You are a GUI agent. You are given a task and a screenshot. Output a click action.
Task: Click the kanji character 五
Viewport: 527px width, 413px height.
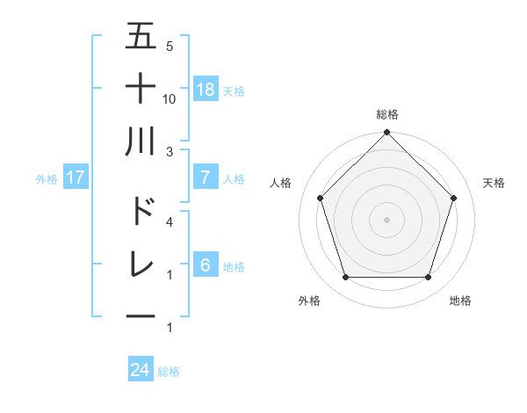(x=141, y=36)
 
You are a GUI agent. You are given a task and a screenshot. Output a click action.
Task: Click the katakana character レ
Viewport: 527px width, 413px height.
(x=141, y=263)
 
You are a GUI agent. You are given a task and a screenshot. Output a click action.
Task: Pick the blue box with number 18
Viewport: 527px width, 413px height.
(x=206, y=89)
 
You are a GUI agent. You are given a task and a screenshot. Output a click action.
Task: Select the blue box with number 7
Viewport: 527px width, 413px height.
(x=206, y=177)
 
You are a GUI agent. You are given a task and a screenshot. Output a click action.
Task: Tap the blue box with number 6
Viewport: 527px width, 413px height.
(x=206, y=264)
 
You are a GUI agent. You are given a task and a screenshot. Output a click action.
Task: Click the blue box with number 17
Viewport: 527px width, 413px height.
(x=76, y=177)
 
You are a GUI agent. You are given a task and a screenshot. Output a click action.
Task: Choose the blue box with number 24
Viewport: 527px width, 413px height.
(x=141, y=370)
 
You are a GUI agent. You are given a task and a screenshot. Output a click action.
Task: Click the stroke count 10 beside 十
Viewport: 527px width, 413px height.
(x=170, y=98)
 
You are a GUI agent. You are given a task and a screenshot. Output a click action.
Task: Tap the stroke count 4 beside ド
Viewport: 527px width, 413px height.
(x=170, y=221)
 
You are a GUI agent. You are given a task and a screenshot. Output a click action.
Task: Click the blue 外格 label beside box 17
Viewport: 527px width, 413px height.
(x=47, y=178)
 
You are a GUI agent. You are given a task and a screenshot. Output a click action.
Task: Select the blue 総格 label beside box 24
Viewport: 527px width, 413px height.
(x=169, y=372)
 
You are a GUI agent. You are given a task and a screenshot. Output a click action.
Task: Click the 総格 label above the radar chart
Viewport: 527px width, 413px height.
(x=386, y=114)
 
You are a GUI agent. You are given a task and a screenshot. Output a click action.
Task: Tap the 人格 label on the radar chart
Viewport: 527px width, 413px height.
(x=281, y=183)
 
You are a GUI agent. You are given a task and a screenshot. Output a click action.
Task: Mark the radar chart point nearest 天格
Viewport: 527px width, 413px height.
(x=454, y=198)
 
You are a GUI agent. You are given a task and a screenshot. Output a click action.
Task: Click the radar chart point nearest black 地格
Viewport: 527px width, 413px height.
(x=428, y=277)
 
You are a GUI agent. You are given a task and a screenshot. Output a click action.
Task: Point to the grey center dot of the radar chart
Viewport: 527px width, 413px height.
(x=386, y=219)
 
